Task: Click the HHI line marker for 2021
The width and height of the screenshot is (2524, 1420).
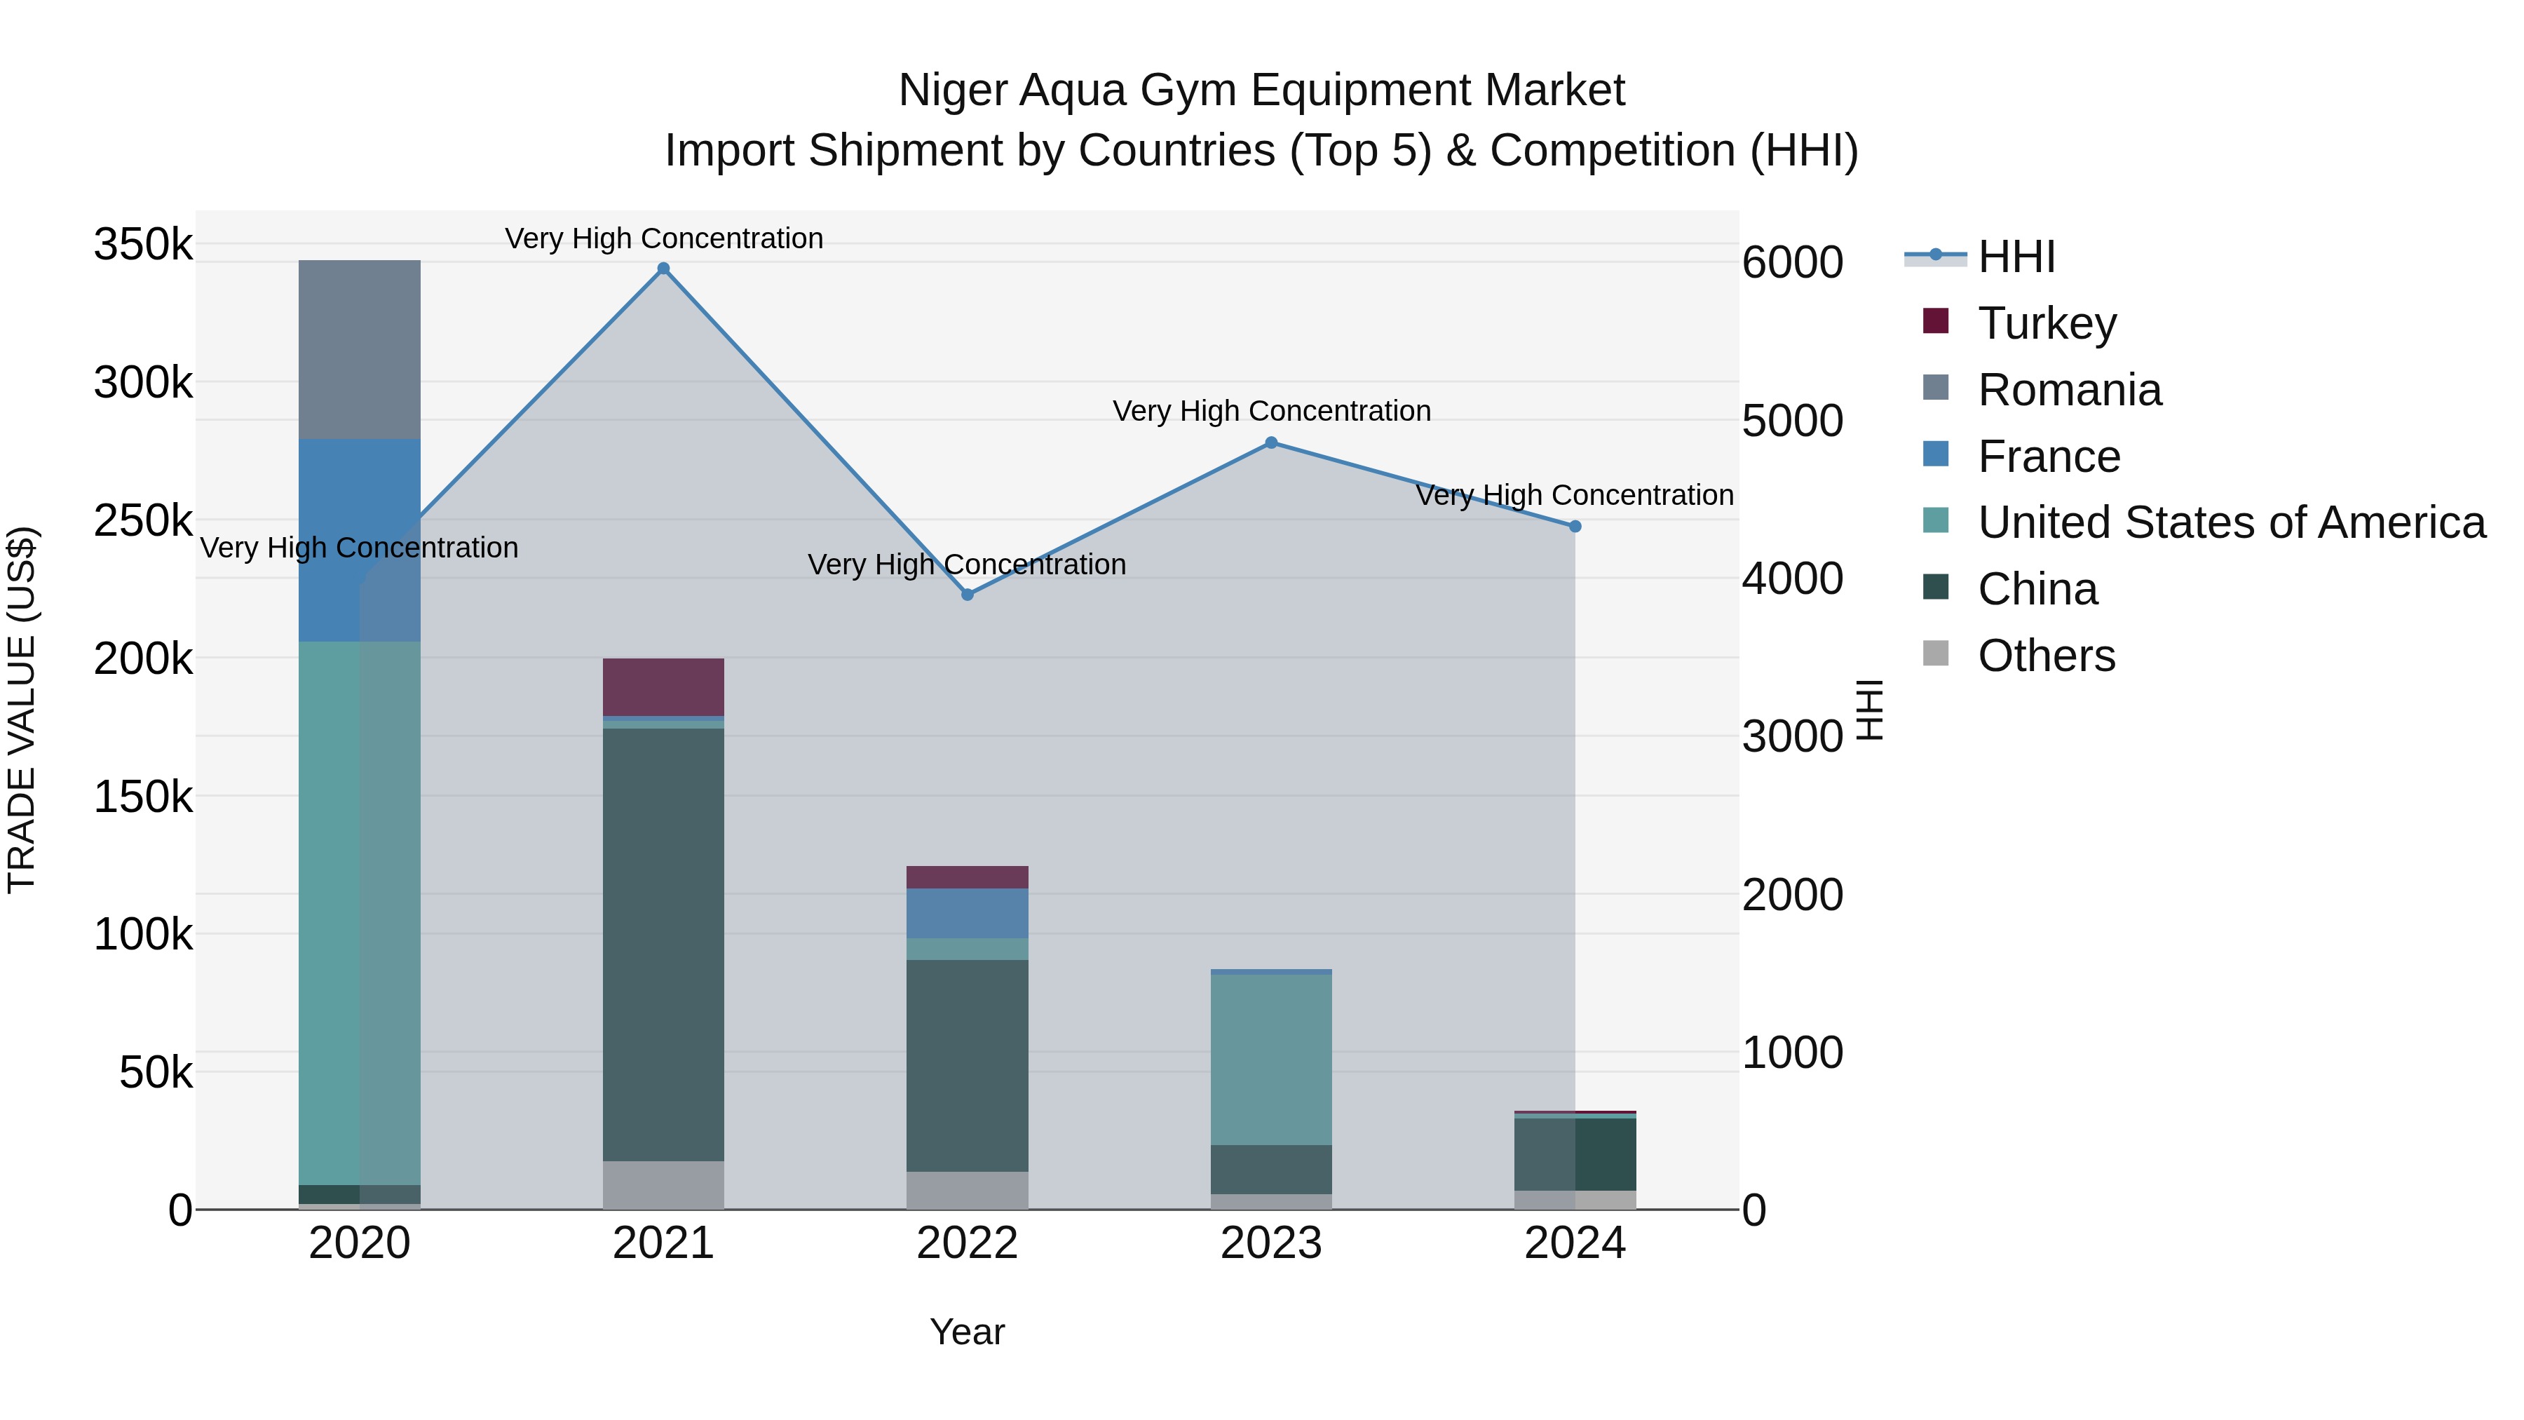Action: coord(663,269)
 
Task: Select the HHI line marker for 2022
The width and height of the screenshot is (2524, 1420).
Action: coord(967,595)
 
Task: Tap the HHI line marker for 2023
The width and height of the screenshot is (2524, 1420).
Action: coord(1271,443)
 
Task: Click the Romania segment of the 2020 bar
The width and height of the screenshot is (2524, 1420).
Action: coord(360,350)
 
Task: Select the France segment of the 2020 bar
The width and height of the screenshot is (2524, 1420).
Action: coord(360,540)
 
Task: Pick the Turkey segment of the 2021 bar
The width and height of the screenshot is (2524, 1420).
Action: coord(663,687)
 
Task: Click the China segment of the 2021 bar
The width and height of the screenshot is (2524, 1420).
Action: coord(663,945)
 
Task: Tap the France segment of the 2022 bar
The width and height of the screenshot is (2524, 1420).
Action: coord(967,913)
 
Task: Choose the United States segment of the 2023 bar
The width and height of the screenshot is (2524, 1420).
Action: coord(1271,1060)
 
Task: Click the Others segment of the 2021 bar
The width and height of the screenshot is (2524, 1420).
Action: coord(663,1185)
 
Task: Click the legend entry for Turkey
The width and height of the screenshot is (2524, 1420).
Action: coord(2046,323)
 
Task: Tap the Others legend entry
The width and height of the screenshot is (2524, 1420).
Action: coord(2045,656)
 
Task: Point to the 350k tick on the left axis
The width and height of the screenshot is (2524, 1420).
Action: coord(143,244)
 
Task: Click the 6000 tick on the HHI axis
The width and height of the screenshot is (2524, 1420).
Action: coord(1792,263)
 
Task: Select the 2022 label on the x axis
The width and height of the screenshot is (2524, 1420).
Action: coord(967,1243)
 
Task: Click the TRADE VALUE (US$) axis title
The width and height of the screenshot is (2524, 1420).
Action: coord(22,710)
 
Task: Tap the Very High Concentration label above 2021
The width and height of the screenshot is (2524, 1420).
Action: coord(663,238)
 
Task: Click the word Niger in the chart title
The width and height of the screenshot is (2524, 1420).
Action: coord(952,90)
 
